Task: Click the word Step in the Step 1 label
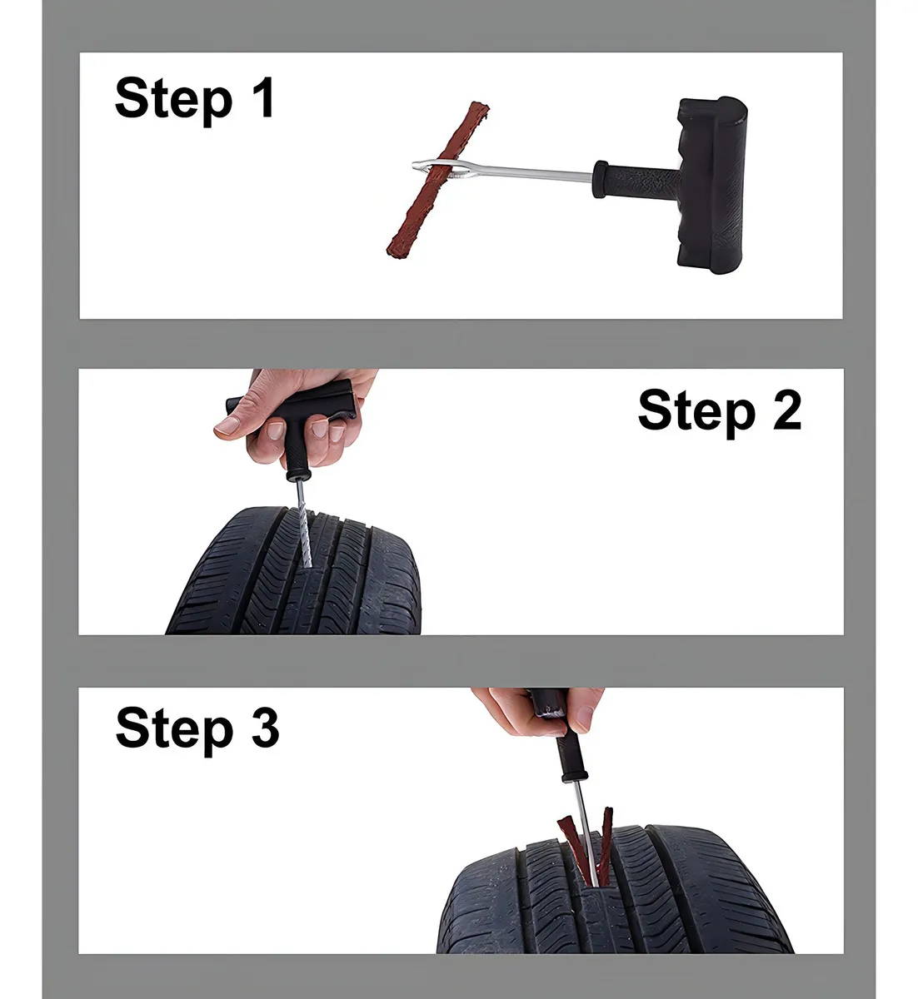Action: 174,101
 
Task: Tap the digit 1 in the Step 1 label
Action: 263,97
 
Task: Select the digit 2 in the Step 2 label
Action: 786,410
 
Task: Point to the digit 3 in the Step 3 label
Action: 265,726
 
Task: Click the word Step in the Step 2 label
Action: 696,414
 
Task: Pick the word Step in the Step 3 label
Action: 175,729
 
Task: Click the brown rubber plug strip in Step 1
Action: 437,181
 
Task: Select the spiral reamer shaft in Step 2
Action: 303,523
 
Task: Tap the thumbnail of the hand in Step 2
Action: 227,425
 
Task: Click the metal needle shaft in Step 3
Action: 587,832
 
